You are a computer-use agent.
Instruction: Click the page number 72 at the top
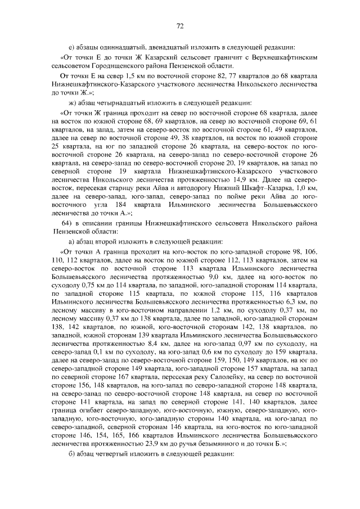180,26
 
